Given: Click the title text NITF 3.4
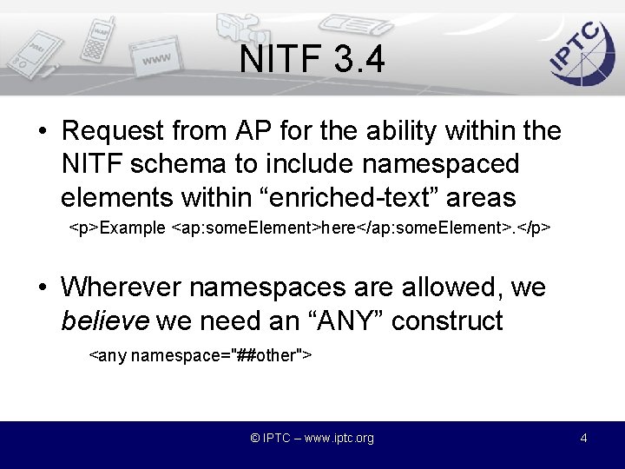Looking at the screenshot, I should pyautogui.click(x=312, y=60).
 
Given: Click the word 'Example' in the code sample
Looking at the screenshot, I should pyautogui.click(x=134, y=228).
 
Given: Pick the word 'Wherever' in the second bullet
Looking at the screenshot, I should pyautogui.click(x=122, y=287).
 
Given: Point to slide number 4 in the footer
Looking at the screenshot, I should pyautogui.click(x=583, y=438).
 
